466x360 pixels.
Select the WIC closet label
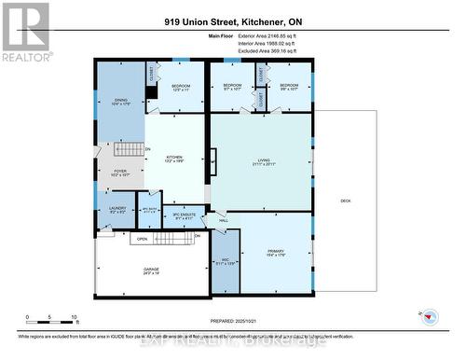click(x=225, y=262)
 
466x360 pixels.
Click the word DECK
click(x=345, y=201)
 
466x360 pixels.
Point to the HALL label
click(x=223, y=220)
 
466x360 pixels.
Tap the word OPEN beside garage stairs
click(x=142, y=237)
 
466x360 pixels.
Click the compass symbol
click(x=431, y=318)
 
